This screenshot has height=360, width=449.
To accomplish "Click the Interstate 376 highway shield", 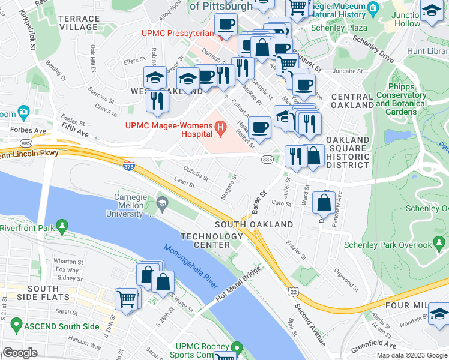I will click(x=128, y=164).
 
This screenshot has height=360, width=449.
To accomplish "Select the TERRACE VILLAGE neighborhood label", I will click(x=79, y=23).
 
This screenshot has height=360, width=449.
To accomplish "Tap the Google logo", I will click(x=20, y=353).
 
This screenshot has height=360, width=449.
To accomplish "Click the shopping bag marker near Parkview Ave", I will click(x=324, y=203).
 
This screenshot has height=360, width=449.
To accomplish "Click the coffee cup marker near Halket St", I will click(x=259, y=127).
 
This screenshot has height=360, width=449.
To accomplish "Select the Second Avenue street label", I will click(x=309, y=325).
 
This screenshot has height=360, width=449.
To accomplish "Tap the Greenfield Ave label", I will click(x=375, y=345).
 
